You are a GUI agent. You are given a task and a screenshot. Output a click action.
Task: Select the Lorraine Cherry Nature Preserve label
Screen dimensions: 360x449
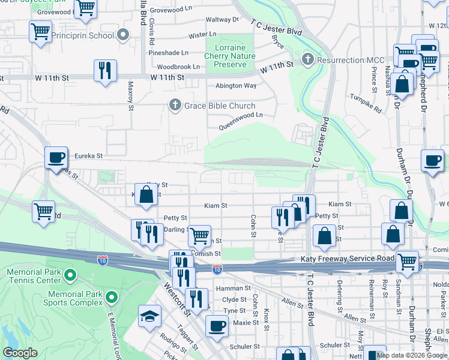[x=231, y=56]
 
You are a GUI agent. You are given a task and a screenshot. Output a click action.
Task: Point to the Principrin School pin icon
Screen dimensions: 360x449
[x=124, y=35]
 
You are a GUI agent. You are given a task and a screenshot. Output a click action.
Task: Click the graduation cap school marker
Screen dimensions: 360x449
[x=149, y=316]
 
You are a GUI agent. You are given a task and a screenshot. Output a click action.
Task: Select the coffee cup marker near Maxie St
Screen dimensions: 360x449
[x=217, y=327]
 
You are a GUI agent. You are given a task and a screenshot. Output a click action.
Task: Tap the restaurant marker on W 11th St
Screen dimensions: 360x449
[x=105, y=71]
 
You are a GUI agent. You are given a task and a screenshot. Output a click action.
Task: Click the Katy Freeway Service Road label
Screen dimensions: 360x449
[x=347, y=259]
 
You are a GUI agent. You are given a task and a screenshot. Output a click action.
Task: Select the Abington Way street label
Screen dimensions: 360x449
[x=236, y=86]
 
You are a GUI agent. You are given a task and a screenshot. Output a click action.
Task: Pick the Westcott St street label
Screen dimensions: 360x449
[x=178, y=302]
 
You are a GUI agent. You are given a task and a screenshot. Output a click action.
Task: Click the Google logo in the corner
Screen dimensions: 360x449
[x=20, y=353]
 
